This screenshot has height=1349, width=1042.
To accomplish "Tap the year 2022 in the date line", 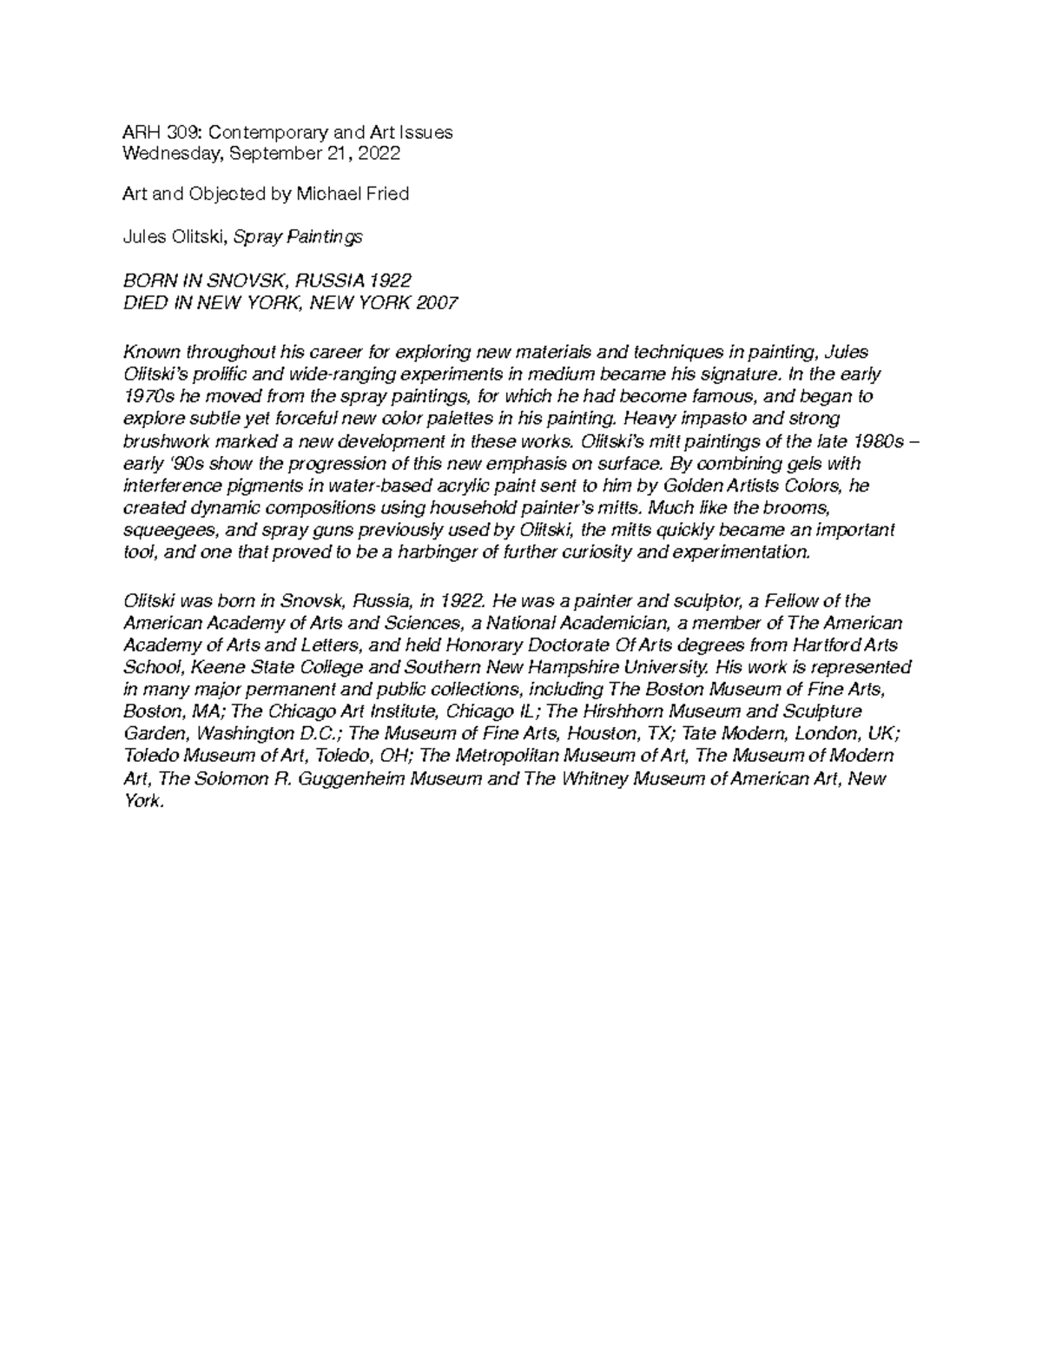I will [379, 155].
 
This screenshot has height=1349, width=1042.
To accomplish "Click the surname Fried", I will [388, 194].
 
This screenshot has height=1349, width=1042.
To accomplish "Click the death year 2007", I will [437, 302].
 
